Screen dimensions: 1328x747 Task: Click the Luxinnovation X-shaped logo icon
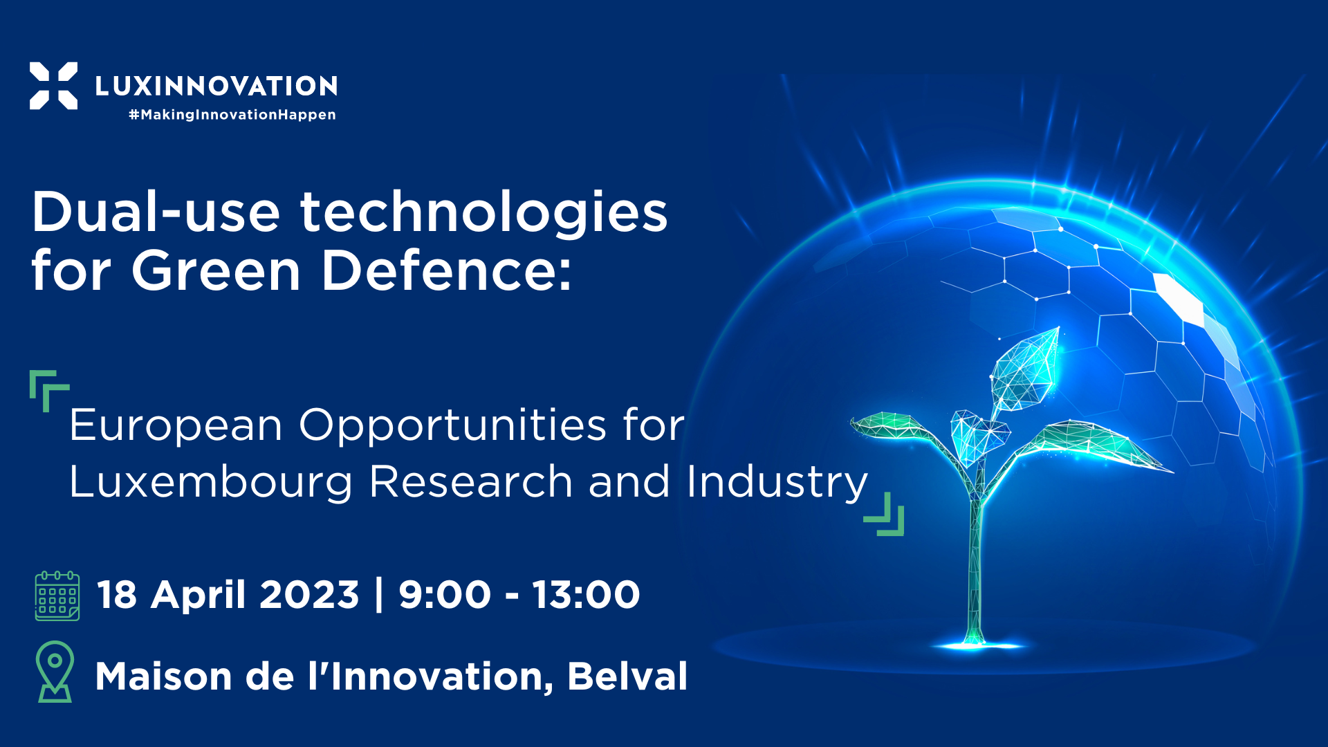click(x=53, y=86)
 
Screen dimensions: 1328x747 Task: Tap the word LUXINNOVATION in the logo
click(x=216, y=86)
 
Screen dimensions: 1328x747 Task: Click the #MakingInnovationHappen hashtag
click(x=232, y=115)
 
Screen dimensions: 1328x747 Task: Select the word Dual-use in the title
click(x=156, y=212)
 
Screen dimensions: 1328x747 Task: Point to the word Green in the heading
click(x=216, y=270)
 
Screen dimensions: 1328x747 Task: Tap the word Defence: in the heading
click(x=447, y=270)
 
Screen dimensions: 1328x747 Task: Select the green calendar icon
click(x=57, y=596)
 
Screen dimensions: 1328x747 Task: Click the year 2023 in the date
click(x=309, y=595)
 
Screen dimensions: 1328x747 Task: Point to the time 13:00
click(x=586, y=595)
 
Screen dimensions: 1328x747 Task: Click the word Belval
click(x=627, y=676)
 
